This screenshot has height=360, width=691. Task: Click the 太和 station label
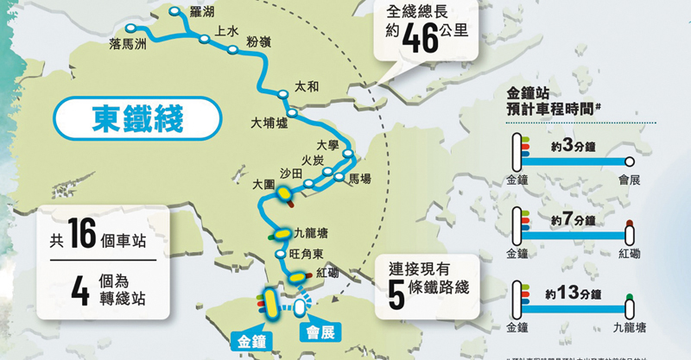(x=307, y=86)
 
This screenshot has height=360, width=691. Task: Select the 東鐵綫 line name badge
(x=138, y=119)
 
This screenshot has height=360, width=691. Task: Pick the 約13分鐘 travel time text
(x=574, y=294)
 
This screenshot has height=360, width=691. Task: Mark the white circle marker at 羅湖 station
(x=175, y=12)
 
